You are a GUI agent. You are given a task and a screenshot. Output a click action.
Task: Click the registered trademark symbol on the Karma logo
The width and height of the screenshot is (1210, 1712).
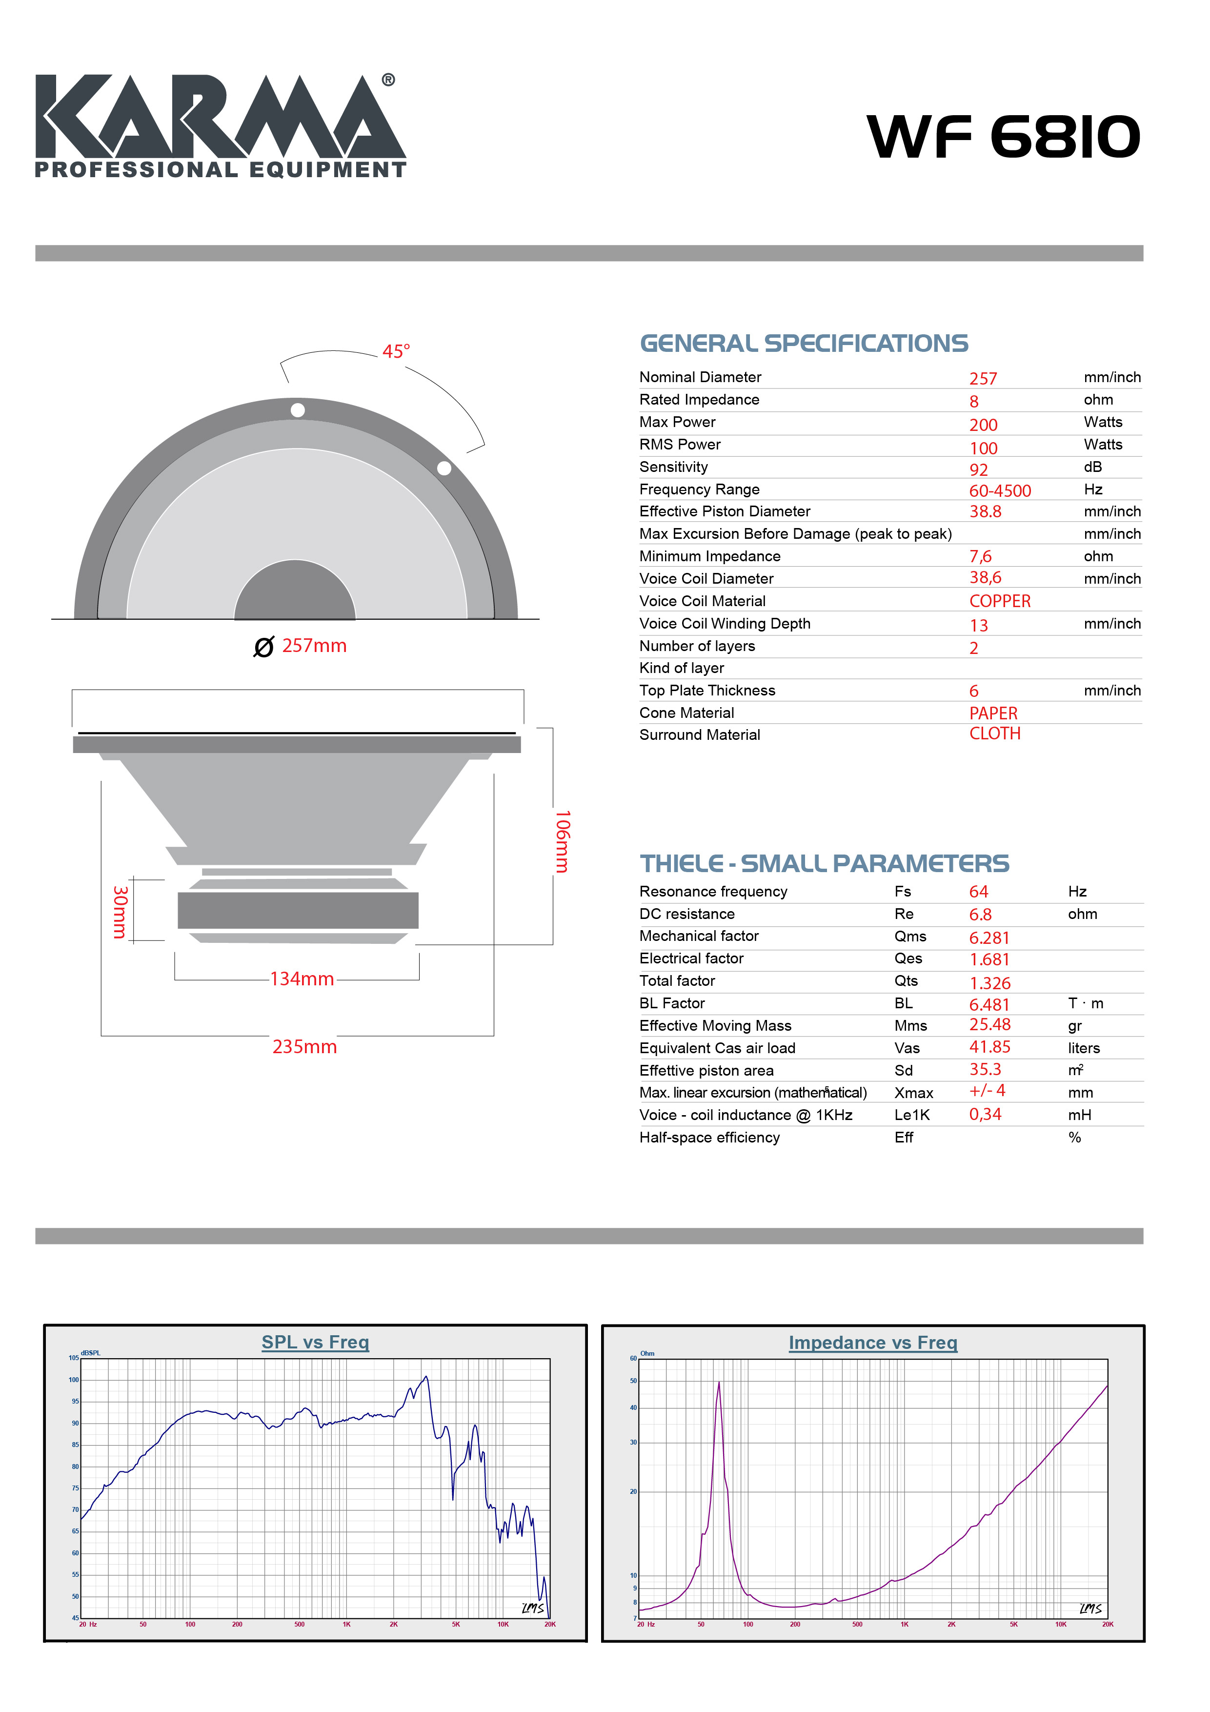pyautogui.click(x=388, y=80)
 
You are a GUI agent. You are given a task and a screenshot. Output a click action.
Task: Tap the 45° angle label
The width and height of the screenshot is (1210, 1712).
pyautogui.click(x=396, y=351)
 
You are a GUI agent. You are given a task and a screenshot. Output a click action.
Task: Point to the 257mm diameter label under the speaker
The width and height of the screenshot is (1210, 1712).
pyautogui.click(x=314, y=646)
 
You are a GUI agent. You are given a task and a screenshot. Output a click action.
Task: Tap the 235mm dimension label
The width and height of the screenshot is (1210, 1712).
pyautogui.click(x=304, y=1047)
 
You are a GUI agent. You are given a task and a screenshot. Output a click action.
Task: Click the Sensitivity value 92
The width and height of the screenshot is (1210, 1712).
pyautogui.click(x=978, y=470)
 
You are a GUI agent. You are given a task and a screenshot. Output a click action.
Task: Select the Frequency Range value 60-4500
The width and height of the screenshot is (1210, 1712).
pyautogui.click(x=1000, y=490)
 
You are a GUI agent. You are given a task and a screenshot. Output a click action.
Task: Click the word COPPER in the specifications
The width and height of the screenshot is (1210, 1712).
pyautogui.click(x=1000, y=601)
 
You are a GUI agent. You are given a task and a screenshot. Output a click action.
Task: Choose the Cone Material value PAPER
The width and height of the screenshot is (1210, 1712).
pyautogui.click(x=993, y=713)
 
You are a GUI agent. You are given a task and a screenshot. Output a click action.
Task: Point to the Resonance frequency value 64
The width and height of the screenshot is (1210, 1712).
pyautogui.click(x=978, y=892)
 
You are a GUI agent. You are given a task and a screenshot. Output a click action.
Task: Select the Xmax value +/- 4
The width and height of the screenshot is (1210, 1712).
pyautogui.click(x=987, y=1091)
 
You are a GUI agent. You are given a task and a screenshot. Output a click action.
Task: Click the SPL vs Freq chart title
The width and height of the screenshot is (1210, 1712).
pyautogui.click(x=315, y=1342)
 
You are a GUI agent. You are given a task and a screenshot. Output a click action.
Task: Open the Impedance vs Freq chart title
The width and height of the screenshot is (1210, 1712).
pyautogui.click(x=872, y=1343)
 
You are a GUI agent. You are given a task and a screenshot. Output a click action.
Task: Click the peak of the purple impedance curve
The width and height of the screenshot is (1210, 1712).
pyautogui.click(x=719, y=1383)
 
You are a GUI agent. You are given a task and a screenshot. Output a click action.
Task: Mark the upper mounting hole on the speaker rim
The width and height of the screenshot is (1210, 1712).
pyautogui.click(x=298, y=410)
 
